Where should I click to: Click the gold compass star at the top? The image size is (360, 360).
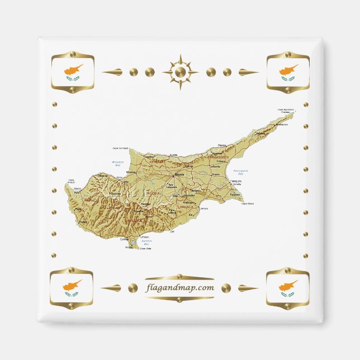click(x=180, y=72)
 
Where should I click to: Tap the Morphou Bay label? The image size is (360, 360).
click(x=118, y=164)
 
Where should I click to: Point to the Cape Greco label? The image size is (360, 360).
click(x=247, y=203)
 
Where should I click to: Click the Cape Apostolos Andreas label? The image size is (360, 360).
click(x=286, y=111)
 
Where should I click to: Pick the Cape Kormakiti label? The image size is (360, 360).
click(x=121, y=148)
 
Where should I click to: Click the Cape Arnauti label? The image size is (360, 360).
click(x=71, y=181)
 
